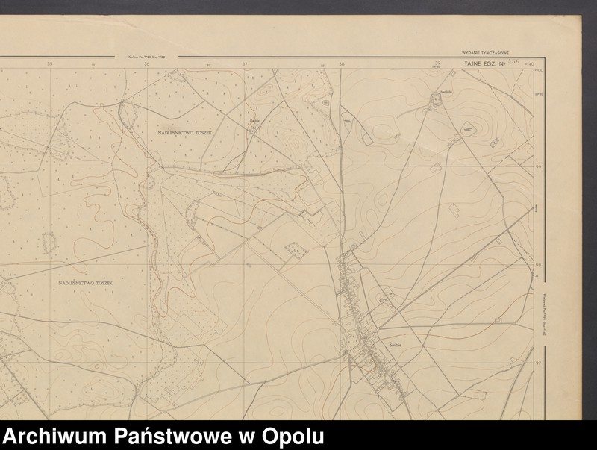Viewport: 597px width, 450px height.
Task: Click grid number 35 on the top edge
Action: click(50, 63)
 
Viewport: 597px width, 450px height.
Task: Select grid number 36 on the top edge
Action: click(146, 64)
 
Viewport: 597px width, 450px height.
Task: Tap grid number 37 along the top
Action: click(244, 64)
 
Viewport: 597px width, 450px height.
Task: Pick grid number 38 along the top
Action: click(342, 64)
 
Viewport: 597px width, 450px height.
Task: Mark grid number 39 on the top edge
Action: click(438, 63)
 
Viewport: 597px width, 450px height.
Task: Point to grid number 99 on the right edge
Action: click(539, 168)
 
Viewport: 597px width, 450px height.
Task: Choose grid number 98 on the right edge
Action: click(539, 265)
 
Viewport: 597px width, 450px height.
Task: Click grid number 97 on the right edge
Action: click(539, 362)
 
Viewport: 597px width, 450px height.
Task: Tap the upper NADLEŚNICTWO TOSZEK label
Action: click(185, 131)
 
